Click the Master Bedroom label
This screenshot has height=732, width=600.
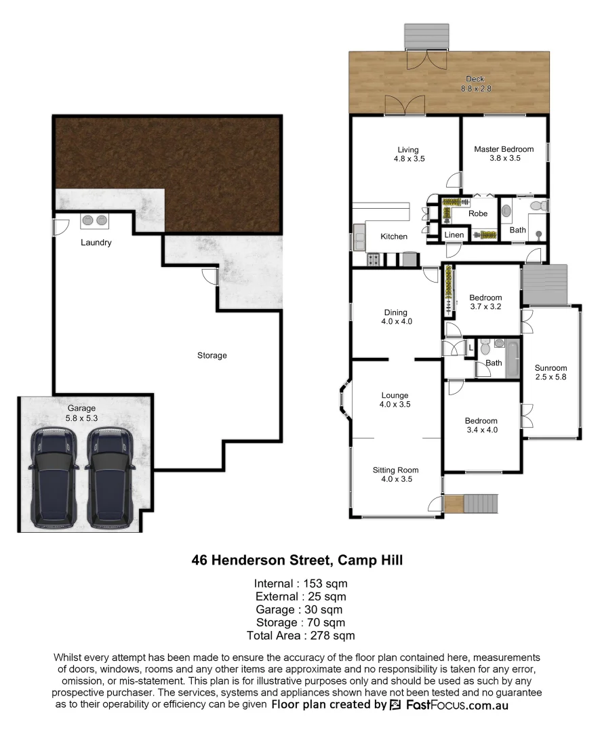point(503,149)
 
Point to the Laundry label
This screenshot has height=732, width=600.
point(96,243)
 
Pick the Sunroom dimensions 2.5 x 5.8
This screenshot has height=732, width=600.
point(551,377)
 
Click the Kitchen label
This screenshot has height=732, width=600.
point(394,237)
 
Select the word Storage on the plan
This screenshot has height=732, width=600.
point(212,355)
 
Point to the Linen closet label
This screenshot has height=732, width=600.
point(454,235)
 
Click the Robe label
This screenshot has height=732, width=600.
point(478,213)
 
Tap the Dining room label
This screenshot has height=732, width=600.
point(396,312)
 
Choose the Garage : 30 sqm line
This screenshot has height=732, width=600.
point(300,609)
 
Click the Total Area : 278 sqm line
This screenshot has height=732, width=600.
point(300,635)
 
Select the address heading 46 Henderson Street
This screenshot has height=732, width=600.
point(298,561)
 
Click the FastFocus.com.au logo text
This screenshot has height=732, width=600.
point(457,705)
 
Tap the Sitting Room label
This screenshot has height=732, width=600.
point(395,470)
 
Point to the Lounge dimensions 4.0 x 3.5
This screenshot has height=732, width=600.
point(395,405)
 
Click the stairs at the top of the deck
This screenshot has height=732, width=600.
point(426,37)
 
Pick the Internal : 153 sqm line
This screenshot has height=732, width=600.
point(300,584)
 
